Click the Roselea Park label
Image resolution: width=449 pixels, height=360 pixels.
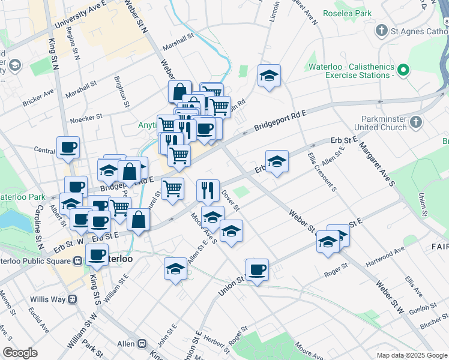348,13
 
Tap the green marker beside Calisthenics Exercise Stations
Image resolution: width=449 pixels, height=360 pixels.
403,71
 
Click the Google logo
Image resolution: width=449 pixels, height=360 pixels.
20,353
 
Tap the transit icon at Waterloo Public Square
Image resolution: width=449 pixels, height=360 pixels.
77,260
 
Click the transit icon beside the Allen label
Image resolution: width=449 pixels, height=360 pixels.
142,344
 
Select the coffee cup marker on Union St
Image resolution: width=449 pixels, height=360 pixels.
257,269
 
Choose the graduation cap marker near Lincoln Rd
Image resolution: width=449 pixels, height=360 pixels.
270,76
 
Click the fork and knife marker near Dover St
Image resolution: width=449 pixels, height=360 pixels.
208,190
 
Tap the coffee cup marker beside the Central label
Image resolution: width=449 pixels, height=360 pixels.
68,147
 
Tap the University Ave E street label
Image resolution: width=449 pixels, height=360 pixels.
80,16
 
